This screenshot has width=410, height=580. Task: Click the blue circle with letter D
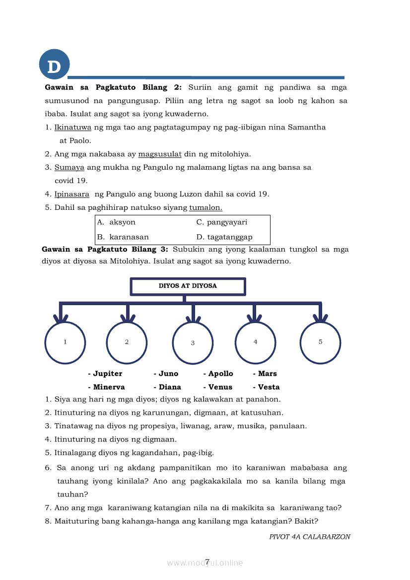coord(54,65)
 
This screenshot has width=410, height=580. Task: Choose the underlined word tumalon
coord(205,207)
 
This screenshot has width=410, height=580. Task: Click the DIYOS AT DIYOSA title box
coord(188,286)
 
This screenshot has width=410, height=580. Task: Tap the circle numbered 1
coord(65,342)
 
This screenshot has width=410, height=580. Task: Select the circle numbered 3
coord(193,343)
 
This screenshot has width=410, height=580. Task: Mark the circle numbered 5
coord(320,342)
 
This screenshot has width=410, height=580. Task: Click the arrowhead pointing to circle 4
coord(254,318)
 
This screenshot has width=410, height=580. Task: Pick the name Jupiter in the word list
coord(107,374)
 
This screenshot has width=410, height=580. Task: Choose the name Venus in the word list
coord(220,387)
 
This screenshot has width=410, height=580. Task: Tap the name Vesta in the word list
coord(269,387)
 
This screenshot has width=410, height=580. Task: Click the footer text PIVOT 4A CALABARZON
coord(310,537)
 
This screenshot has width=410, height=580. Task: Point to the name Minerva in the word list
coord(109,387)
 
